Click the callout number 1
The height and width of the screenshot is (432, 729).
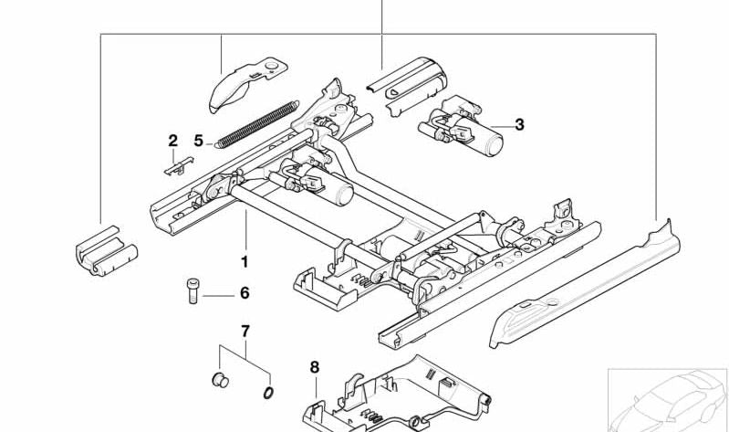click(245, 262)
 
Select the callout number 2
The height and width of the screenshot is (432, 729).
click(173, 140)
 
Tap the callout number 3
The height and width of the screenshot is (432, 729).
click(519, 125)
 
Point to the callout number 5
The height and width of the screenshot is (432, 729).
click(199, 140)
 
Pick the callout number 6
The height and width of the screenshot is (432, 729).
click(245, 293)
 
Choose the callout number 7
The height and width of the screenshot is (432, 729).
click(245, 332)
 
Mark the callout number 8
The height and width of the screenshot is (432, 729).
click(315, 367)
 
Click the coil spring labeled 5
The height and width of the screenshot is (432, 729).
click(256, 124)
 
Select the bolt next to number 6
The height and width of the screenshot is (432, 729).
click(193, 291)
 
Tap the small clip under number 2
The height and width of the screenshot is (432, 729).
click(179, 166)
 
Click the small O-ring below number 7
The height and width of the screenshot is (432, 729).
click(268, 393)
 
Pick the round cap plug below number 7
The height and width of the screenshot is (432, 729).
click(220, 380)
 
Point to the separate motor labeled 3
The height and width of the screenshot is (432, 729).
click(460, 126)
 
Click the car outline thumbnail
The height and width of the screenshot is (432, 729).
click(668, 400)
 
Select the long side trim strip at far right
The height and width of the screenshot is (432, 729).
click(585, 284)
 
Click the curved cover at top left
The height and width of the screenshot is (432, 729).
click(248, 84)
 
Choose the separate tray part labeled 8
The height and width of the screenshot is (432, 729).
click(398, 395)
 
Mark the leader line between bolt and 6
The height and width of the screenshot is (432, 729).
click(218, 296)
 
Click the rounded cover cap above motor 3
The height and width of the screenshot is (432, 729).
click(407, 86)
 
